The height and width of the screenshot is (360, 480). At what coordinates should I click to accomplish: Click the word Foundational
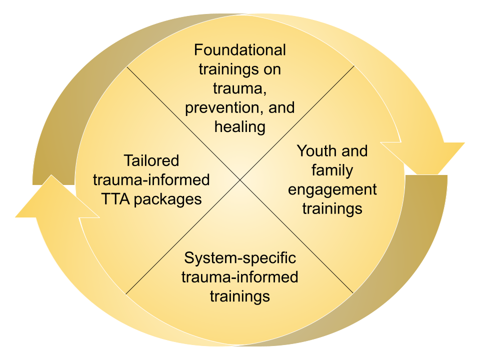click(240, 50)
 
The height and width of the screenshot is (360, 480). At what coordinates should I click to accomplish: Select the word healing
click(240, 127)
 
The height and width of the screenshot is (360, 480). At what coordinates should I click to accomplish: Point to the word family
click(332, 170)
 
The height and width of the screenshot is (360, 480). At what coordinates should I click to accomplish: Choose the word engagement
click(332, 189)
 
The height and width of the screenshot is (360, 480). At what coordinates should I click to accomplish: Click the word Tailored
click(151, 161)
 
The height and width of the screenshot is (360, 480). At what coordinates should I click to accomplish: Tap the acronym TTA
click(116, 199)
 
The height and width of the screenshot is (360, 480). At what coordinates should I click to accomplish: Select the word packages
click(169, 199)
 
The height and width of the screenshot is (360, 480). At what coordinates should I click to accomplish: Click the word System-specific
click(240, 258)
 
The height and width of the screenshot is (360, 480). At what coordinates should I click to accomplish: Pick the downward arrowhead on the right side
click(422, 157)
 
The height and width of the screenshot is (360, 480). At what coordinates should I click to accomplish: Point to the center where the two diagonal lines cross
click(240, 180)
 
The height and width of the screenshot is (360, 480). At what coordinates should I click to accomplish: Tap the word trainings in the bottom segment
click(240, 296)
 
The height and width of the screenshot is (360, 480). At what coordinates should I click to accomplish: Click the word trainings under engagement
click(332, 208)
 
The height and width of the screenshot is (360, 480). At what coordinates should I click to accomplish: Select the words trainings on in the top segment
click(240, 69)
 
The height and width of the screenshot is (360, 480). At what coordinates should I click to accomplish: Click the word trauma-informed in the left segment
click(151, 180)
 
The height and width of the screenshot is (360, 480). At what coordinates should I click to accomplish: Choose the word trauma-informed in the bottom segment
click(240, 277)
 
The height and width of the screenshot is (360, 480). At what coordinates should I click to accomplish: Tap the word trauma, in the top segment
click(240, 88)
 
